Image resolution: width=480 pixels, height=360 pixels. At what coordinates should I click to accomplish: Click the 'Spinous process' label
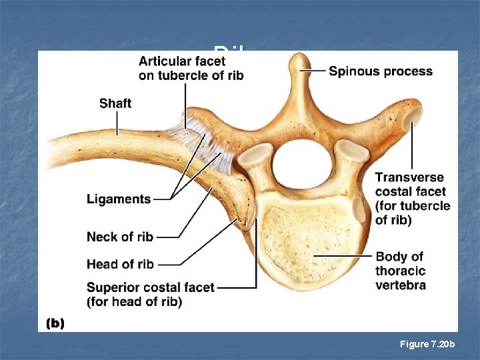pyautogui.click(x=380, y=71)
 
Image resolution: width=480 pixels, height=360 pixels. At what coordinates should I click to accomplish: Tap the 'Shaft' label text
pyautogui.click(x=115, y=103)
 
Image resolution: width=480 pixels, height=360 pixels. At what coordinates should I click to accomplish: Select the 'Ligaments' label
pyautogui.click(x=119, y=199)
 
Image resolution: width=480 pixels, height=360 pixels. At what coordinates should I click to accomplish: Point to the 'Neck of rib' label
pyautogui.click(x=120, y=237)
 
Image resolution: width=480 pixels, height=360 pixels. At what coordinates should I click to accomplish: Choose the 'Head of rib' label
pyautogui.click(x=120, y=264)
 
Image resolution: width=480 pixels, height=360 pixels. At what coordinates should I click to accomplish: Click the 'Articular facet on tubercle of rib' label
pyautogui.click(x=191, y=68)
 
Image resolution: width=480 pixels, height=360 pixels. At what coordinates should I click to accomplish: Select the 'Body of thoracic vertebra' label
pyautogui.click(x=400, y=271)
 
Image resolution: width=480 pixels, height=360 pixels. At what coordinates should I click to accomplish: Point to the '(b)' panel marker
pyautogui.click(x=55, y=323)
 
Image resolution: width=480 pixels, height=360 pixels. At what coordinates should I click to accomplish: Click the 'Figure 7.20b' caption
pyautogui.click(x=427, y=344)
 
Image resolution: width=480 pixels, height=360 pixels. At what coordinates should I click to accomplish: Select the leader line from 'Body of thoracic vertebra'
pyautogui.click(x=343, y=255)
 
